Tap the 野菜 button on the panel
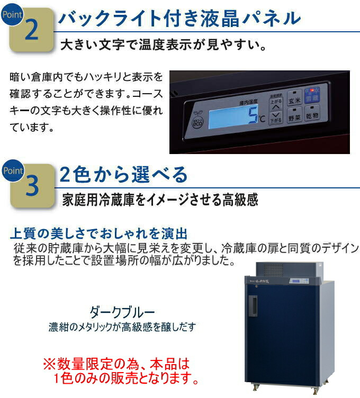pyautogui.click(x=295, y=116)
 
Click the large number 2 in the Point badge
pyautogui.click(x=31, y=31)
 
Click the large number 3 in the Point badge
pyautogui.click(x=31, y=187)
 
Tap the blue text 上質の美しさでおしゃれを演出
pyautogui.click(x=100, y=233)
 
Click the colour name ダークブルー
pyautogui.click(x=123, y=311)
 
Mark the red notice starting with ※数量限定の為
pyautogui.click(x=122, y=372)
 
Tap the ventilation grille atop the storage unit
pyautogui.click(x=285, y=269)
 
